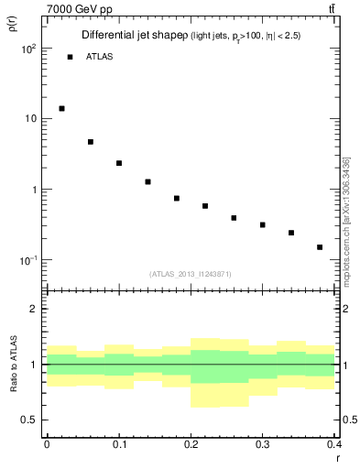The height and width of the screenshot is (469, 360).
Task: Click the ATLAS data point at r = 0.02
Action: click(61, 108)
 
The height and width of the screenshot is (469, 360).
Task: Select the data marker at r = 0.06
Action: click(91, 142)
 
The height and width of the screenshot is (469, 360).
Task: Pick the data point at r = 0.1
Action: click(119, 163)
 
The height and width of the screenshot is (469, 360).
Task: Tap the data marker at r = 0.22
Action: click(205, 206)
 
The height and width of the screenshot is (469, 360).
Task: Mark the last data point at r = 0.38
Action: click(320, 247)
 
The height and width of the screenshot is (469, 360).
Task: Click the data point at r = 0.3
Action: click(263, 224)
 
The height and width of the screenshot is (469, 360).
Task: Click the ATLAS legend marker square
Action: click(70, 57)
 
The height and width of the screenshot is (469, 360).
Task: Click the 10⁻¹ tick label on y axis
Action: click(28, 261)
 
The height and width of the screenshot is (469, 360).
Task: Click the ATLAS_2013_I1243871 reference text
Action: click(191, 274)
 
